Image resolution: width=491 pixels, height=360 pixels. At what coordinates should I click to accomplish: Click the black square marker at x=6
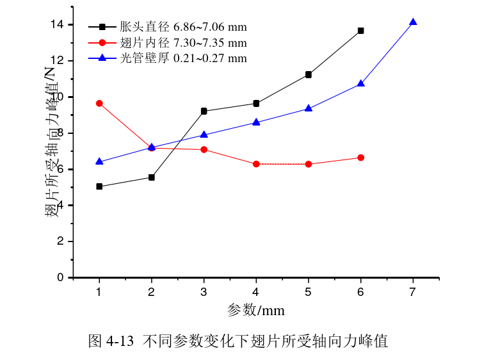pos(361,31)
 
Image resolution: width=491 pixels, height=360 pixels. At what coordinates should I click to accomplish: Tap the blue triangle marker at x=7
pos(413,22)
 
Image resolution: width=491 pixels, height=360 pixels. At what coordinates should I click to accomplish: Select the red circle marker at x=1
pos(99,103)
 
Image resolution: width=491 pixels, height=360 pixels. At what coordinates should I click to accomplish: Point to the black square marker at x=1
pos(99,186)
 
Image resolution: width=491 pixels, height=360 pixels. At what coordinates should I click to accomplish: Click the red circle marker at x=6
pos(361,158)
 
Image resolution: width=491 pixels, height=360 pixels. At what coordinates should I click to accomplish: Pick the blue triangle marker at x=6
pos(361,83)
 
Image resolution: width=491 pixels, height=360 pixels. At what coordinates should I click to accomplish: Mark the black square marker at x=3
pos(204,111)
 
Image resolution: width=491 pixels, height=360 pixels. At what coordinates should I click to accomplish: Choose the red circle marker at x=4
pos(256,164)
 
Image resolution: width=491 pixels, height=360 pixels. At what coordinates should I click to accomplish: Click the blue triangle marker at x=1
pos(99,161)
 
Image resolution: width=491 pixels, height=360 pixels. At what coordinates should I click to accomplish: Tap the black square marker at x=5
pos(309,75)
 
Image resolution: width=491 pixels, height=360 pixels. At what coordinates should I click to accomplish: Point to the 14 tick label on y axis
pos(57,24)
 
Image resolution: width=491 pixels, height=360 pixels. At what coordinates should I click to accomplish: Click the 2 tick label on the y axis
pos(61,241)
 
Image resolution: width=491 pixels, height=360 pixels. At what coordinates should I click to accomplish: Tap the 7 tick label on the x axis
pos(413,292)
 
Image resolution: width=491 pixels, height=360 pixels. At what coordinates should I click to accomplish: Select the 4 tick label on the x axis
pos(256,292)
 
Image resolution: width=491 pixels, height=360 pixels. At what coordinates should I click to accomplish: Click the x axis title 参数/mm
pos(255,311)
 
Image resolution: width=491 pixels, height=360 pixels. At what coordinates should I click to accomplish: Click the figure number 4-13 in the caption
pos(119,341)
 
